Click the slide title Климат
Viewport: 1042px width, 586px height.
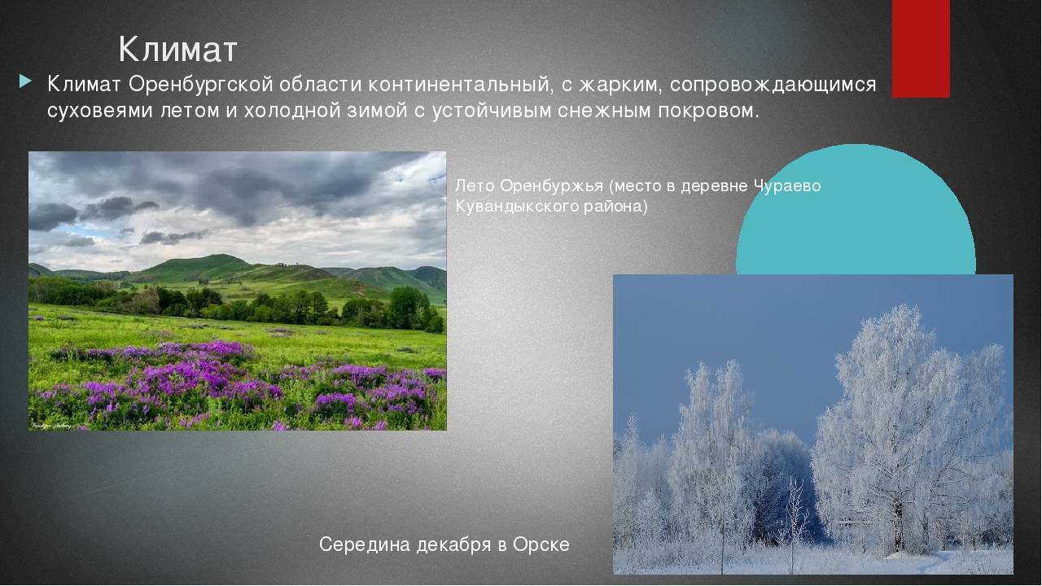[x=177, y=49]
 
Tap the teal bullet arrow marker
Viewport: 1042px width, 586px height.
[x=25, y=82]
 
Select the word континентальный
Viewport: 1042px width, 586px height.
[x=461, y=84]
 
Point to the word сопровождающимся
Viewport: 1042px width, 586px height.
[x=773, y=85]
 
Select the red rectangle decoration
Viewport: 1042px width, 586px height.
[x=921, y=49]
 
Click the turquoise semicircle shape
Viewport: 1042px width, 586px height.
[x=856, y=209]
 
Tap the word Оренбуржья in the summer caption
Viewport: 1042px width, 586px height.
[x=552, y=186]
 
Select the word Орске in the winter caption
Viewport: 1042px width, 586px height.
[x=541, y=544]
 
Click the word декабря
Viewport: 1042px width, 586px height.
[x=453, y=544]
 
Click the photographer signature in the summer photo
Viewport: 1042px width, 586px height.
[x=51, y=426]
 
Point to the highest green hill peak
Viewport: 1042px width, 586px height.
[x=222, y=255]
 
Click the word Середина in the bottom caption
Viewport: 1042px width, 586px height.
[x=364, y=544]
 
